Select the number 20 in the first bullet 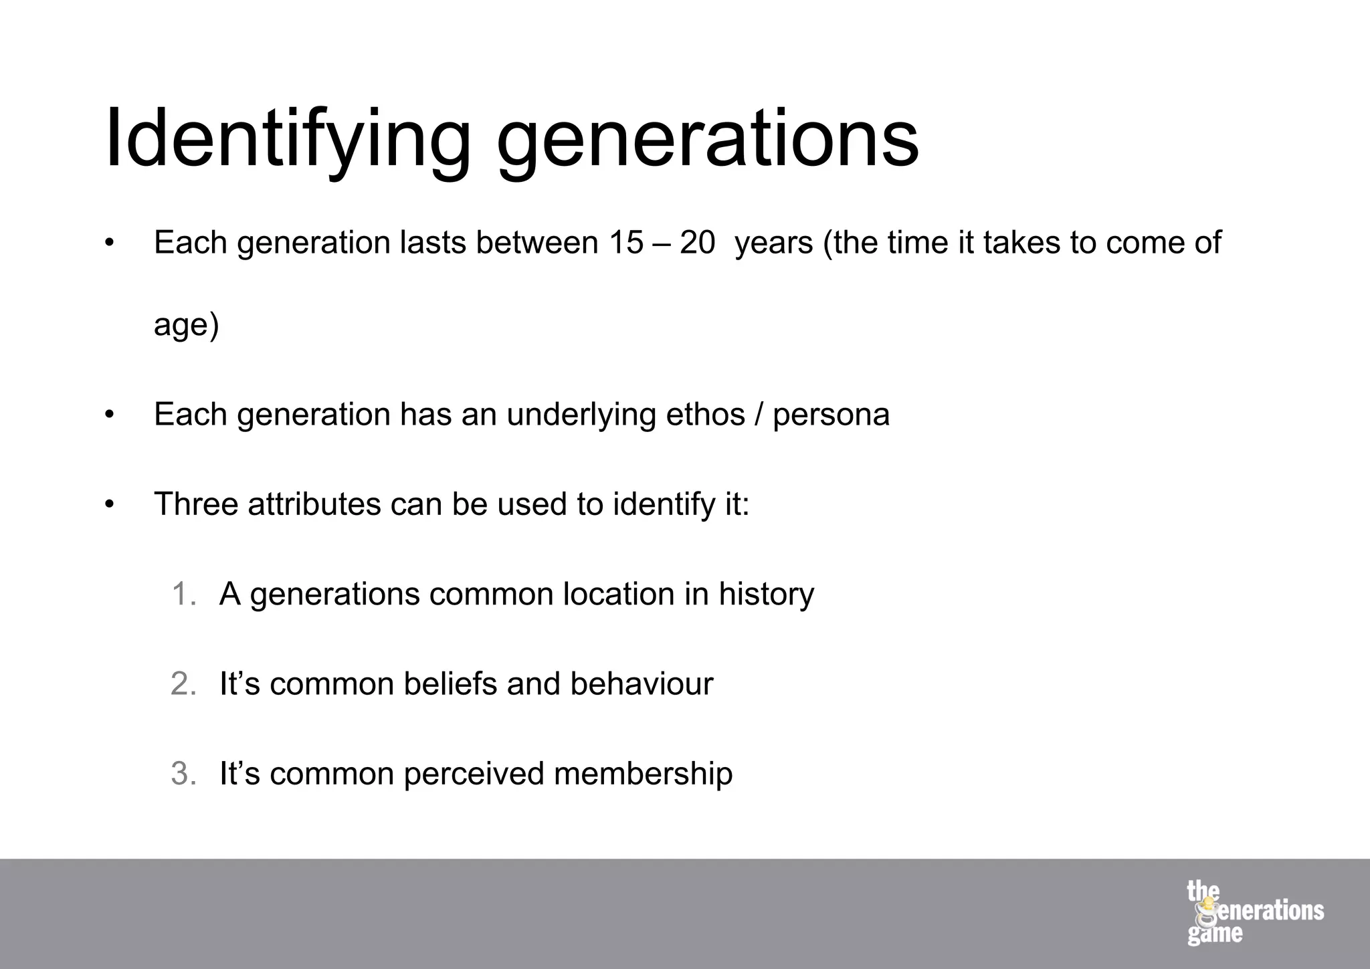[697, 242]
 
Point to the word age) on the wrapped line [186, 326]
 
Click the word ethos [705, 414]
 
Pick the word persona [831, 415]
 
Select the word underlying [581, 415]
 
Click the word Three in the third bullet [196, 504]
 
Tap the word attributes [314, 504]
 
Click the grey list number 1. [183, 594]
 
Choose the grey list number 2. [183, 683]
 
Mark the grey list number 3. [183, 774]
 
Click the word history [766, 594]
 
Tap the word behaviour [642, 683]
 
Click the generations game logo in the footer [1254, 912]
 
